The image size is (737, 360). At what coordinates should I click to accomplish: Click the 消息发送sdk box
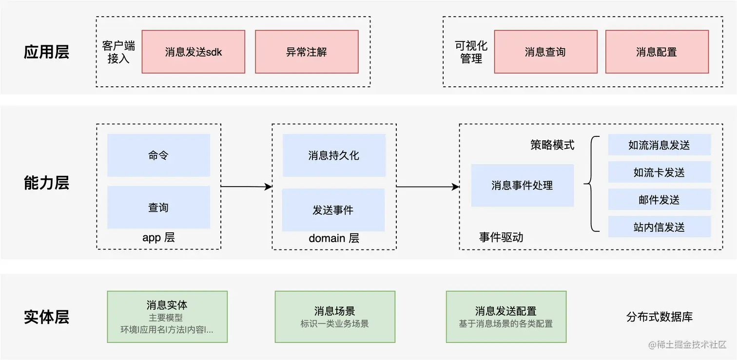[x=194, y=52]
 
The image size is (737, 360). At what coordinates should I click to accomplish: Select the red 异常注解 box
[x=307, y=52]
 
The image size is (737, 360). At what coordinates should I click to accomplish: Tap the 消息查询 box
[x=545, y=52]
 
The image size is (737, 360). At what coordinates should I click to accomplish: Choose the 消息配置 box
[x=657, y=52]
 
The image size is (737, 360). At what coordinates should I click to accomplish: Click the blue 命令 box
[x=158, y=155]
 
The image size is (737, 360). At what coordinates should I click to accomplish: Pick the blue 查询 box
[x=158, y=208]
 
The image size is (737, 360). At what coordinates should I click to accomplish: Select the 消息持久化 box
[x=334, y=155]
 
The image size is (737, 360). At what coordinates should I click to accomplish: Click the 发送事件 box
[x=333, y=210]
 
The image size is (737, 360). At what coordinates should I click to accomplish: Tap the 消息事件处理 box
[x=522, y=186]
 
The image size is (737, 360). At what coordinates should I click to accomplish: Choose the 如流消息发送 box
[x=659, y=145]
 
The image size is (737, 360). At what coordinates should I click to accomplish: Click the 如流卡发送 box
[x=659, y=172]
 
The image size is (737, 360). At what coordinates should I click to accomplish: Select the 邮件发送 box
[x=659, y=200]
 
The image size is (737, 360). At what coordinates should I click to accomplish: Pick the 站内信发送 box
[x=659, y=227]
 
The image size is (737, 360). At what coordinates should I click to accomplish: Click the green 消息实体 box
[x=167, y=317]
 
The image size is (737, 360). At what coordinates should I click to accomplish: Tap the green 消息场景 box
[x=335, y=317]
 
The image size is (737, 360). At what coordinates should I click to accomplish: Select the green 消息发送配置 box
[x=506, y=317]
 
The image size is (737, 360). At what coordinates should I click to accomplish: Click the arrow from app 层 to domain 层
[x=246, y=187]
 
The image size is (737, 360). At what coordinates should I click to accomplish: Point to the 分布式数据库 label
[x=659, y=317]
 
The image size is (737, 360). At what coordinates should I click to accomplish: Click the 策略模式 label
[x=552, y=145]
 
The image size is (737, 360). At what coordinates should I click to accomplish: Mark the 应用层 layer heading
[x=46, y=52]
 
